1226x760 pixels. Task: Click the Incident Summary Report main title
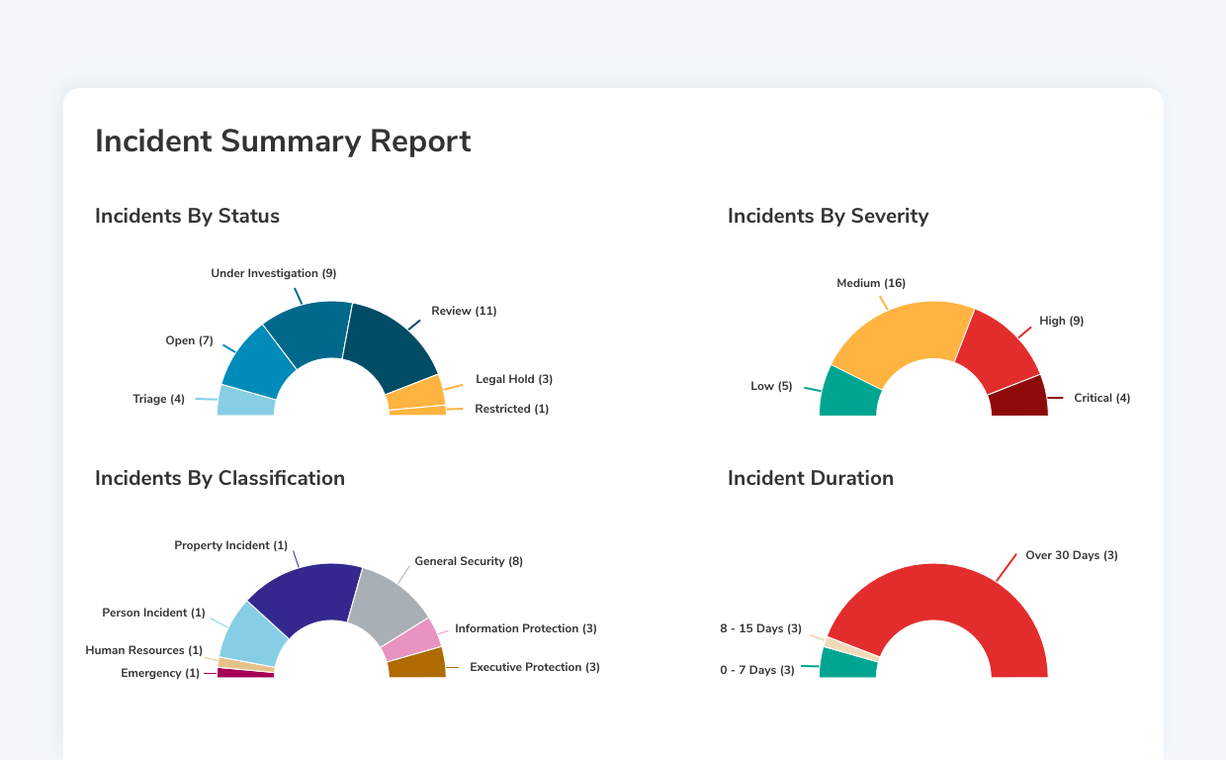[x=283, y=142]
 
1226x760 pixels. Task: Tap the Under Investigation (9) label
[x=274, y=273]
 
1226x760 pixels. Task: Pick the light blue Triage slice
[x=245, y=402]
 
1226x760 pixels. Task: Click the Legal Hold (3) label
[x=513, y=379]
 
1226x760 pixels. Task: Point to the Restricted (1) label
[x=511, y=409]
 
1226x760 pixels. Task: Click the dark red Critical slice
[x=1019, y=398]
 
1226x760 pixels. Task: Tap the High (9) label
[x=1061, y=321]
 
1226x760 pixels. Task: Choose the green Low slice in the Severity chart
[x=848, y=394]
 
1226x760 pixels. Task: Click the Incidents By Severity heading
[x=828, y=216]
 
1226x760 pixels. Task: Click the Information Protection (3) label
[x=525, y=628]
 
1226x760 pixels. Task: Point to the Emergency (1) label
[x=159, y=673]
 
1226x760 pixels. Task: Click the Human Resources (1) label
[x=143, y=650]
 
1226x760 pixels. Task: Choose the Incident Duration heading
[x=810, y=478]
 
